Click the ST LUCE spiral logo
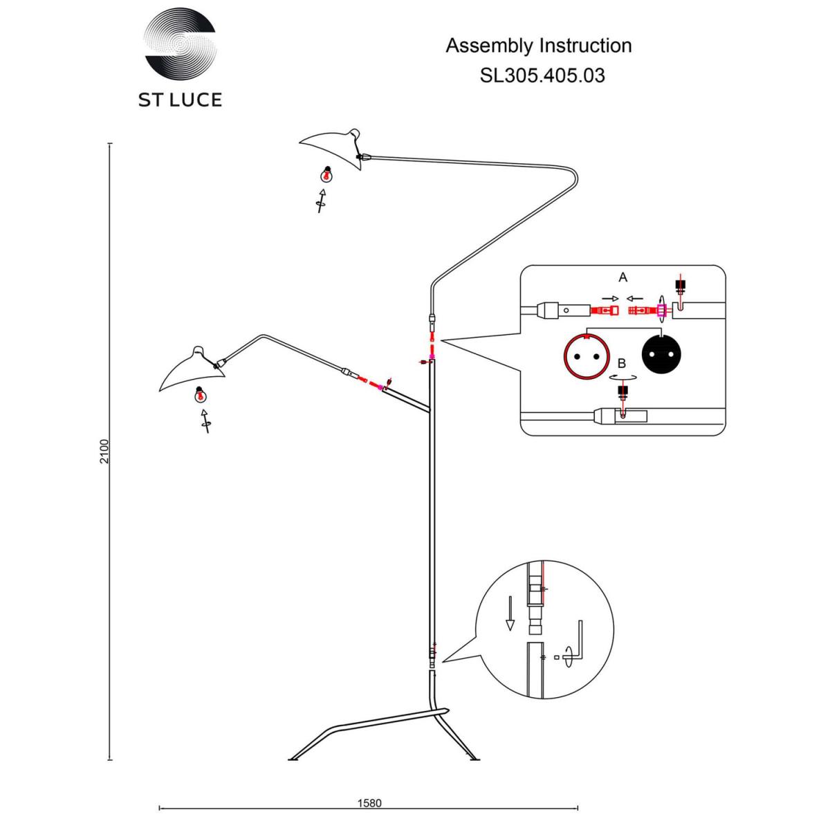click(180, 44)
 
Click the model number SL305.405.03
click(542, 75)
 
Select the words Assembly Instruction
click(538, 46)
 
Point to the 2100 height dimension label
click(104, 452)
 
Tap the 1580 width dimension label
click(369, 803)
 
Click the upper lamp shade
click(331, 148)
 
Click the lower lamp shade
click(192, 369)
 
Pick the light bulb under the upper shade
click(327, 174)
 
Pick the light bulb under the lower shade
click(199, 394)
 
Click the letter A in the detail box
click(622, 277)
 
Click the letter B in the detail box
click(622, 364)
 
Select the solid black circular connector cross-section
click(662, 355)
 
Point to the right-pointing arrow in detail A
click(610, 299)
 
